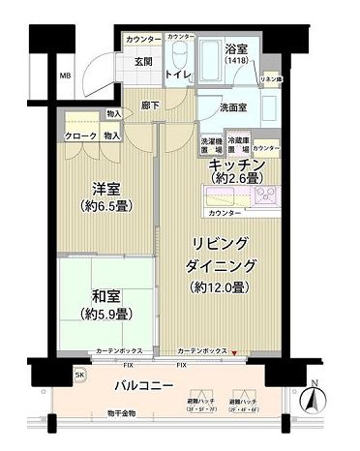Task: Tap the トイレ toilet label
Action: [177, 74]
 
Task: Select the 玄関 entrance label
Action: [144, 62]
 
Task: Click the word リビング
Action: [222, 243]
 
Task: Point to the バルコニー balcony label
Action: [143, 385]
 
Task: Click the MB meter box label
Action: [64, 75]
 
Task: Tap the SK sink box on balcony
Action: [79, 373]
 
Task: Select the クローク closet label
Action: [80, 136]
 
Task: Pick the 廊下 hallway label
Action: [150, 105]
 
